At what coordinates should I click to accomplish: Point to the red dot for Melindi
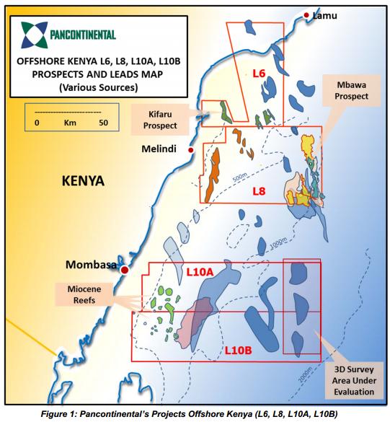click(x=191, y=150)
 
